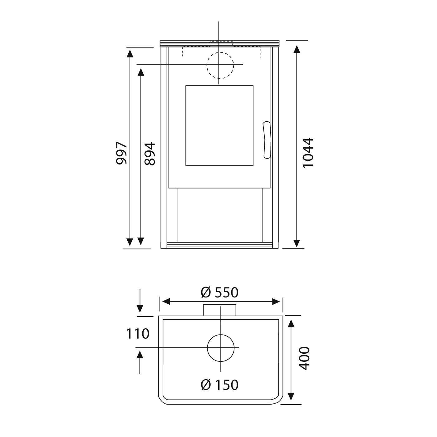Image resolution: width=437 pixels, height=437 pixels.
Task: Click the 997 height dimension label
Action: point(121,153)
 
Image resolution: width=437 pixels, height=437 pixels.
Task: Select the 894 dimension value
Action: point(150,154)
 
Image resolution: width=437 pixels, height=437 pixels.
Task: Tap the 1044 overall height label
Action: point(308,153)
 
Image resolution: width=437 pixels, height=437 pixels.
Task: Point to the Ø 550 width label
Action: point(219,292)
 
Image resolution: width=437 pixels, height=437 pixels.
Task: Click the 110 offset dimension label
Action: point(138,334)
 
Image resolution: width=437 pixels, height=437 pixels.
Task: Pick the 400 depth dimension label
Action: point(304,358)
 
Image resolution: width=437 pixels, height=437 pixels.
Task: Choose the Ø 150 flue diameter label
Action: point(219,385)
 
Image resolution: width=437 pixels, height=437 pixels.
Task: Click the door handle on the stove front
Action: point(267,140)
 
